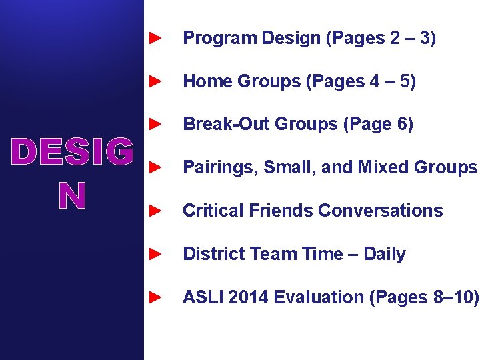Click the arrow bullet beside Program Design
coord(154,39)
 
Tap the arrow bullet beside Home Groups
coord(154,82)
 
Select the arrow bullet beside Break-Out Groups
coord(154,125)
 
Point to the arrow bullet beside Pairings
coord(154,168)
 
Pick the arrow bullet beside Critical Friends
coord(154,211)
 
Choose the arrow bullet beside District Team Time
coord(154,255)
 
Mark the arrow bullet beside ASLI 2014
coord(154,297)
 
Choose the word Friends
coord(276,211)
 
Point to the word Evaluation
coord(317,297)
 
